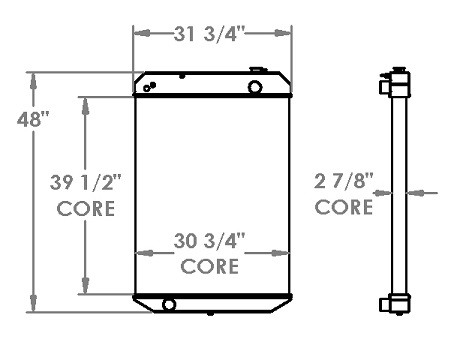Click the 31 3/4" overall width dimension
pyautogui.click(x=209, y=34)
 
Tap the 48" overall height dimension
pyautogui.click(x=33, y=119)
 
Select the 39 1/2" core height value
pyautogui.click(x=86, y=183)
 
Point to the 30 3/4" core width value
pyautogui.click(x=209, y=241)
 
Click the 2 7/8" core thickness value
pyautogui.click(x=343, y=181)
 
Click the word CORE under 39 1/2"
pyautogui.click(x=86, y=209)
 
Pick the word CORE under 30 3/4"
pyautogui.click(x=210, y=266)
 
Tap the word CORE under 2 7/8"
pyautogui.click(x=344, y=207)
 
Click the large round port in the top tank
pyautogui.click(x=255, y=87)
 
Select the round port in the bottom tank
pyautogui.click(x=169, y=305)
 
